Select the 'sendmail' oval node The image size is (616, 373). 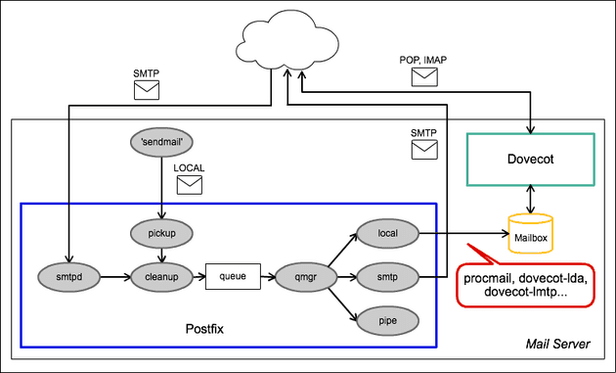tap(160, 142)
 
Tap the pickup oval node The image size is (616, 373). tap(160, 232)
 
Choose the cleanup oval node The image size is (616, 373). tap(160, 278)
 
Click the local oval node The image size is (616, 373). tap(385, 234)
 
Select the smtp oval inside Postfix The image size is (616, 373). tap(385, 278)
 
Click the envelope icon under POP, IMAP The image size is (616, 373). tap(423, 78)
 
